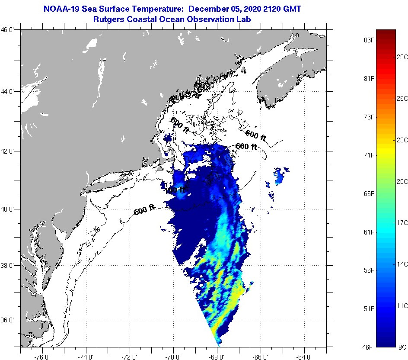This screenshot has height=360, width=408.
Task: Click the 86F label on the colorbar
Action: pos(369,40)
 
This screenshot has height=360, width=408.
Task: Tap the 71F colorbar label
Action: pos(369,155)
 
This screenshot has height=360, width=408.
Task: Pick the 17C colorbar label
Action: pos(402,222)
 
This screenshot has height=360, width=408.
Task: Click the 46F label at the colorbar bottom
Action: pos(369,347)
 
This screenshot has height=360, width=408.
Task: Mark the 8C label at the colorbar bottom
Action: pos(402,347)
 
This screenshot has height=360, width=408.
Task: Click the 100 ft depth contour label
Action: pos(177,190)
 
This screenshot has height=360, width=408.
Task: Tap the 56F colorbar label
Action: pos(369,270)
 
